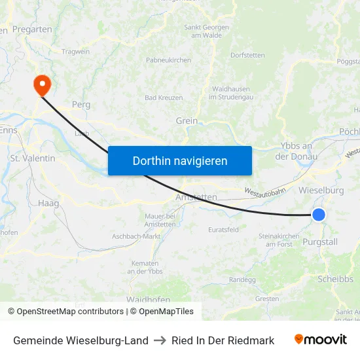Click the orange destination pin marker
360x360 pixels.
[41, 83]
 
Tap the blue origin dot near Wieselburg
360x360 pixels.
[319, 214]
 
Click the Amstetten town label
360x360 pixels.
[196, 197]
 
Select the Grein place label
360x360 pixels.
[187, 120]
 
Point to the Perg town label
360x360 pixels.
[81, 104]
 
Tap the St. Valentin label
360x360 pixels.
[33, 158]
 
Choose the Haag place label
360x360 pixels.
[48, 204]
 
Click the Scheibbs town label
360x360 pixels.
[335, 279]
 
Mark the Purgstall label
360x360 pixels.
[321, 242]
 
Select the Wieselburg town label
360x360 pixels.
[321, 190]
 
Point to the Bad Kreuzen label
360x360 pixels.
[164, 98]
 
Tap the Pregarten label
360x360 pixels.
[32, 30]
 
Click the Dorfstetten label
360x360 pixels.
[247, 55]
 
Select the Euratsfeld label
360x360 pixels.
[223, 230]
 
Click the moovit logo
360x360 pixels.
[321, 340]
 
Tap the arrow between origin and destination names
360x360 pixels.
[160, 340]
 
